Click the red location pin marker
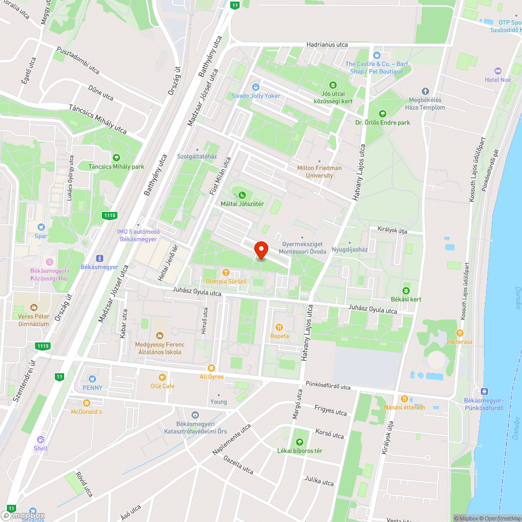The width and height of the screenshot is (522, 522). click(260, 249)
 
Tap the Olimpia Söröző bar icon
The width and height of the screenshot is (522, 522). click(226, 272)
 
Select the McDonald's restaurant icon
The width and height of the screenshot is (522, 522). click(86, 402)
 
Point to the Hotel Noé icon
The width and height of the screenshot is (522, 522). click(497, 70)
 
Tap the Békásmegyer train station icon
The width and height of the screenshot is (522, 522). click(99, 258)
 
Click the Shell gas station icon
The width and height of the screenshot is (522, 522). click(40, 439)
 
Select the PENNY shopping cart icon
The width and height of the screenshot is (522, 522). click(92, 378)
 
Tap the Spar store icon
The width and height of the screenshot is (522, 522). click(41, 227)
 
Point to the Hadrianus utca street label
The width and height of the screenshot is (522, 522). click(327, 45)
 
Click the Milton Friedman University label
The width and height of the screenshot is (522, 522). click(319, 172)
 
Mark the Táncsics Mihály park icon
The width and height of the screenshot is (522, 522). click(116, 157)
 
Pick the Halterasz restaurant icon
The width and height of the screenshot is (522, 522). click(460, 333)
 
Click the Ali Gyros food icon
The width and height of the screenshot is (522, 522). click(211, 367)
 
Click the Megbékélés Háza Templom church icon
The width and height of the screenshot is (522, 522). click(425, 91)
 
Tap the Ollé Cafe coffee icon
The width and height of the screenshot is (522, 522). click(162, 377)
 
